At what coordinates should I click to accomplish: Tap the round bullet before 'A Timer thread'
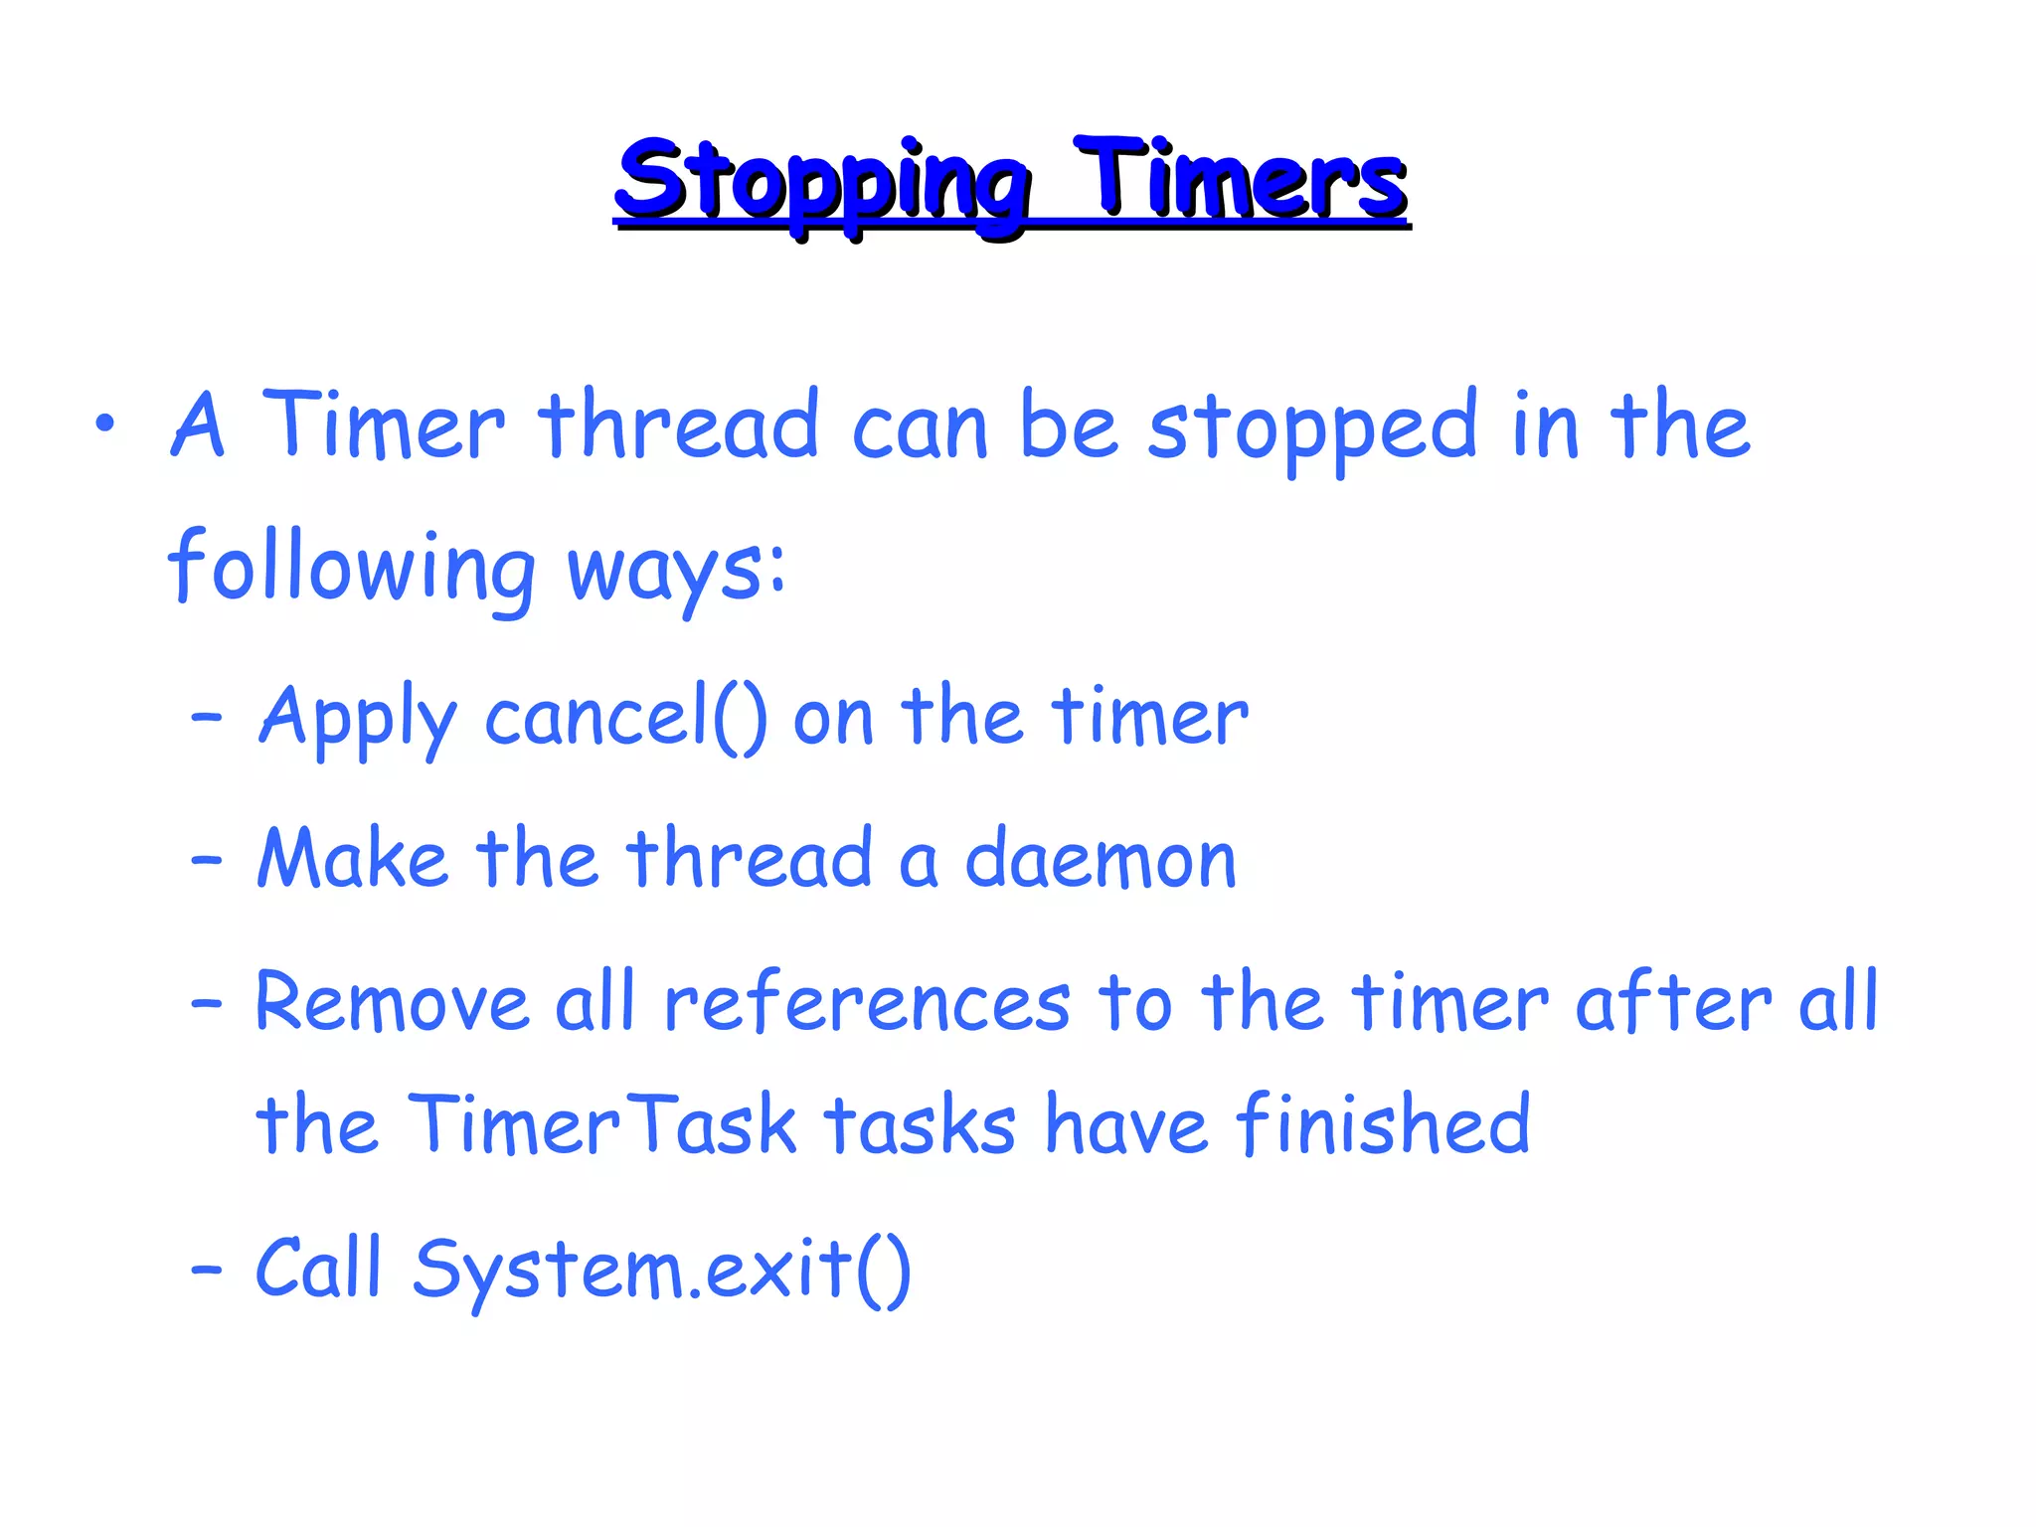105,424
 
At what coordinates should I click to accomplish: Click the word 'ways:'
676,571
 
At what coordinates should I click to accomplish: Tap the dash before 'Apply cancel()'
206,716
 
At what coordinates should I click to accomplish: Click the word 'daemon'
1101,860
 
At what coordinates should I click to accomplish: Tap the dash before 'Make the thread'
206,858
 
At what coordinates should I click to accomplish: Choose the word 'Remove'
391,1001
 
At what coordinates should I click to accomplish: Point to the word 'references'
867,1001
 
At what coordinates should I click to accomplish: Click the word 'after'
1673,1001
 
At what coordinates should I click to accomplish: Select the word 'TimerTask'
601,1124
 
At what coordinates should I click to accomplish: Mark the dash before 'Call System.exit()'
206,1270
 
